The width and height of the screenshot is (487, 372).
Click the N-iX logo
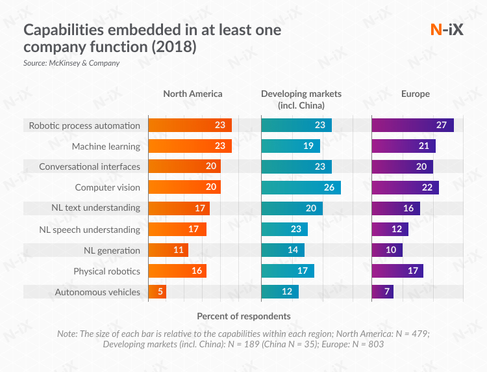tap(447, 29)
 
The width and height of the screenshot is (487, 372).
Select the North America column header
tap(192, 94)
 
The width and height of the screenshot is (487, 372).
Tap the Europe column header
tap(415, 94)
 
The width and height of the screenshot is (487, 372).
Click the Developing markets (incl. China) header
tap(301, 99)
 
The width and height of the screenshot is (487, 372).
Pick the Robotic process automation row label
tap(84, 126)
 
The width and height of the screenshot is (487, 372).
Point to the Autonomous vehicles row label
tap(97, 292)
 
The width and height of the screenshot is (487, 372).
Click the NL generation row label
tap(112, 250)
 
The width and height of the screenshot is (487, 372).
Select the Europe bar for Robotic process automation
tap(412, 126)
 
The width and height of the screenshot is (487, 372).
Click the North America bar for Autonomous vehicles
tap(158, 292)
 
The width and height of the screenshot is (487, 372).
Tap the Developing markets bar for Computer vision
tap(301, 188)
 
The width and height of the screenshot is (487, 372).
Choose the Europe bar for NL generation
tap(387, 250)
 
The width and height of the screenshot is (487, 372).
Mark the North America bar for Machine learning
tap(190, 146)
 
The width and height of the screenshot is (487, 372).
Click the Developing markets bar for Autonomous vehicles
tap(280, 292)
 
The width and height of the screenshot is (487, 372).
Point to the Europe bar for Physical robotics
tap(397, 271)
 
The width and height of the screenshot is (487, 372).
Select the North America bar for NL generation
tap(168, 250)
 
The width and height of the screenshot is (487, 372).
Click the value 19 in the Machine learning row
tap(307, 146)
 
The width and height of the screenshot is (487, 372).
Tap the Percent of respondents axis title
tap(243, 316)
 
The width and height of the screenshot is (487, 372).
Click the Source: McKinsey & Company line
tap(71, 63)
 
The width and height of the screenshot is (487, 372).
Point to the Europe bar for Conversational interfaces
tap(402, 167)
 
